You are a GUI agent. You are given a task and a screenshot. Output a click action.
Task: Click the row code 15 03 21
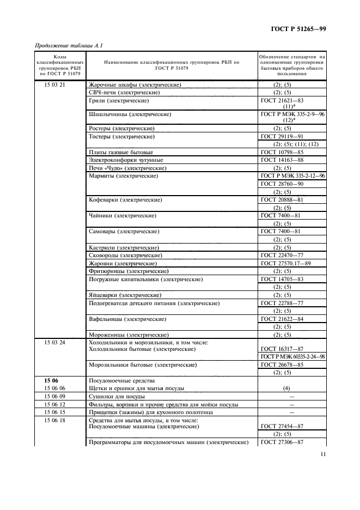point(54,85)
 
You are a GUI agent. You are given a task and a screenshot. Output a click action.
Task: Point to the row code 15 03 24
point(54,342)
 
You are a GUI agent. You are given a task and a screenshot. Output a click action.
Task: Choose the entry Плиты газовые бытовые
point(120,152)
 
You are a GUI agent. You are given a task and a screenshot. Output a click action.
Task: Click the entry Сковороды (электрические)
point(125,255)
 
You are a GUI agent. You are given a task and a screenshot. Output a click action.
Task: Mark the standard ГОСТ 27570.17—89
point(285,263)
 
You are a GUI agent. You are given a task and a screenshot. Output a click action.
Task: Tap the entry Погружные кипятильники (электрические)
point(145,279)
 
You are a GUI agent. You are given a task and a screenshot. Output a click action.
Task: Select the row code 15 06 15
point(54,412)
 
